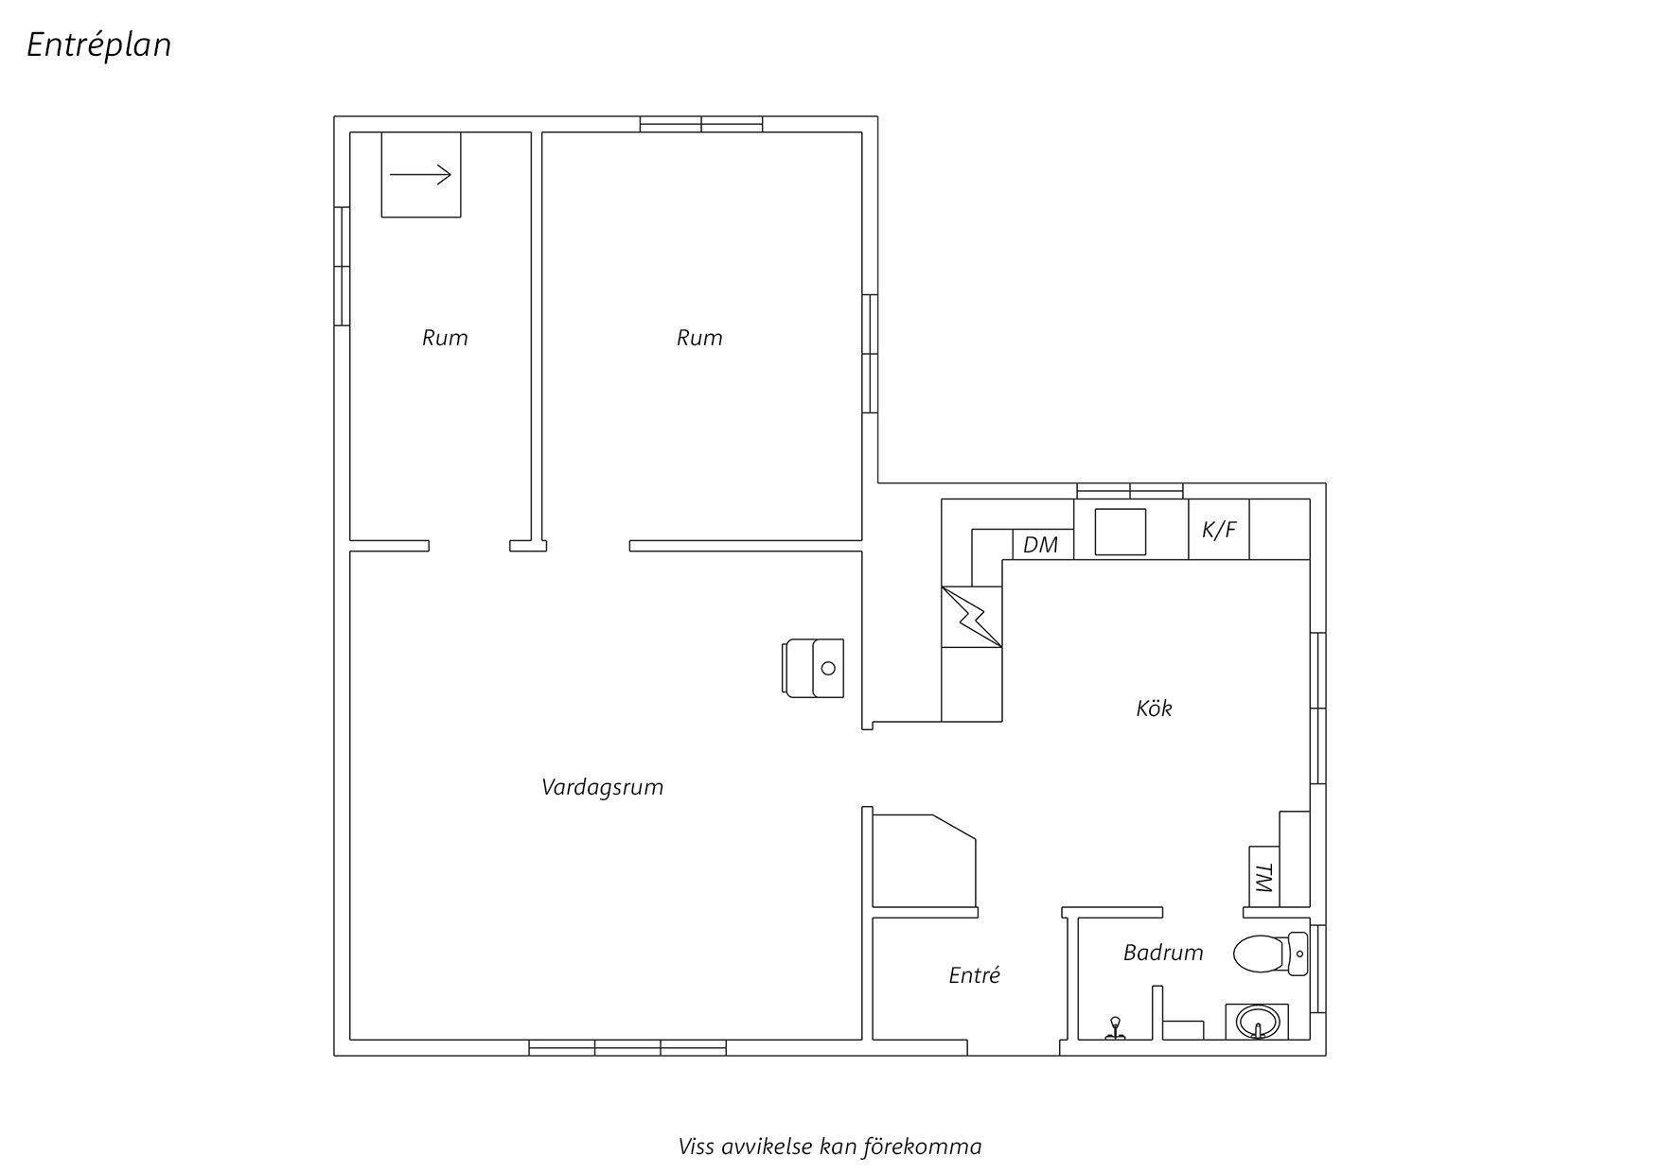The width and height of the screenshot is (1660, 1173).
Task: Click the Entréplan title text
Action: pyautogui.click(x=98, y=44)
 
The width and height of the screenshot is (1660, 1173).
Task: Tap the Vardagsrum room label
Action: pyautogui.click(x=602, y=787)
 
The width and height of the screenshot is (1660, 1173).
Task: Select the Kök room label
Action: pyautogui.click(x=1154, y=709)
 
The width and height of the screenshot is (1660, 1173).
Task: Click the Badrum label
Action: pyautogui.click(x=1163, y=953)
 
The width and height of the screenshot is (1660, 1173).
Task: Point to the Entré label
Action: pyautogui.click(x=974, y=975)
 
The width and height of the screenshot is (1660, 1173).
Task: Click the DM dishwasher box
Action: pyautogui.click(x=1042, y=545)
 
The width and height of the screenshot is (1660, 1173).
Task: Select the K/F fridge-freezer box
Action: pyautogui.click(x=1218, y=530)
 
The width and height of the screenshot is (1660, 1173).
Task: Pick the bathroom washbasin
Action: pyautogui.click(x=1257, y=1023)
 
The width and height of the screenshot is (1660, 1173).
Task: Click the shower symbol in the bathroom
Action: pyautogui.click(x=1117, y=1028)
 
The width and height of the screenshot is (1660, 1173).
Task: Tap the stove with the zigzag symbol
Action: pyautogui.click(x=971, y=617)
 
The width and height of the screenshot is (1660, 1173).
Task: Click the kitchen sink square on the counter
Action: pyautogui.click(x=1121, y=532)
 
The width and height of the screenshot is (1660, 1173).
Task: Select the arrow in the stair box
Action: pyautogui.click(x=421, y=175)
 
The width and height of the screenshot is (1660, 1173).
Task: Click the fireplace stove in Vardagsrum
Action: pyautogui.click(x=814, y=668)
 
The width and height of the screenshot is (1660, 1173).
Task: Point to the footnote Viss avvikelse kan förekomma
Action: pyautogui.click(x=830, y=1147)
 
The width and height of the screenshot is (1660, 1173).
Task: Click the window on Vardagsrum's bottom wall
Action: pyautogui.click(x=627, y=1047)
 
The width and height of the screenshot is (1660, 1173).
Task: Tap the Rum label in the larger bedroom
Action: pyautogui.click(x=699, y=338)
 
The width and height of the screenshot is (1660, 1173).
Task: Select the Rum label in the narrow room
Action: pyautogui.click(x=445, y=338)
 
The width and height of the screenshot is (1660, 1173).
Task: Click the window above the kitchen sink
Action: pyautogui.click(x=1130, y=490)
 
